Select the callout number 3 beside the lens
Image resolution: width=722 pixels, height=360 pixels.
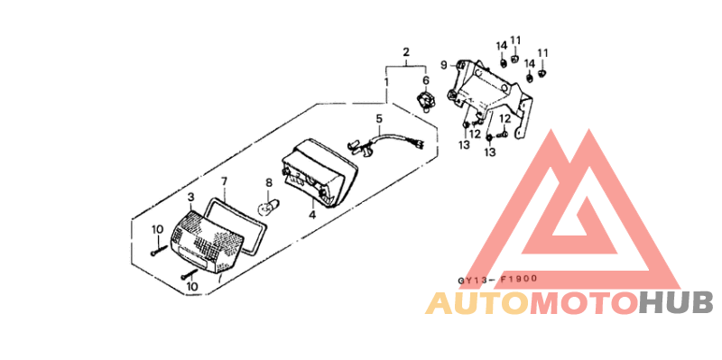click(190, 197)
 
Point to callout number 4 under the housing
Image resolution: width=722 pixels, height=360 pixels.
click(312, 215)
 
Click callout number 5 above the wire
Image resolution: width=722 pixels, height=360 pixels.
click(379, 118)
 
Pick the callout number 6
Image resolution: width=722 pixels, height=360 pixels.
click(426, 80)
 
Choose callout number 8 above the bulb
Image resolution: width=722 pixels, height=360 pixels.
click(268, 183)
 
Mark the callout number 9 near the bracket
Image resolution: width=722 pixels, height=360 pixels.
click(444, 64)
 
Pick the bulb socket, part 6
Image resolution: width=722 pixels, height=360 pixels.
click(425, 97)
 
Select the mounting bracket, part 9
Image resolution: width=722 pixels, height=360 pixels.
click(496, 90)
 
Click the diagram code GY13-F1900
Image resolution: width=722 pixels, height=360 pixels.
click(496, 280)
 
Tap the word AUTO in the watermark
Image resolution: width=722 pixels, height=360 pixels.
click(477, 303)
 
